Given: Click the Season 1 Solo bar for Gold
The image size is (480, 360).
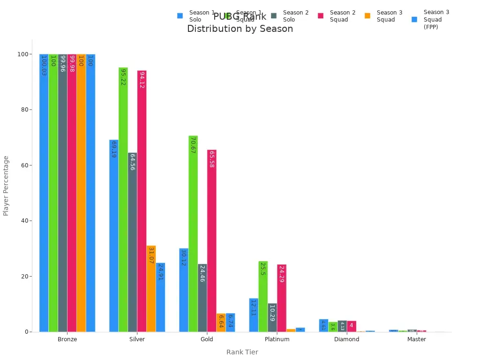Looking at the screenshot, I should (x=184, y=290).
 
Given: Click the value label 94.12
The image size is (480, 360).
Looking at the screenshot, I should (x=142, y=80).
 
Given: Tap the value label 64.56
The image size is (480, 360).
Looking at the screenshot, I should (x=133, y=162).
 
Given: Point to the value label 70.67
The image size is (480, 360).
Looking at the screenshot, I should (x=193, y=145).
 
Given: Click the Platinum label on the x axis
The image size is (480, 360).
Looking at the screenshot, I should (x=277, y=339).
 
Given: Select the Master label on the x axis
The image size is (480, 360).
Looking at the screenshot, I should (x=416, y=339).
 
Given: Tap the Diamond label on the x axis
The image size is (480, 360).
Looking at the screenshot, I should (x=346, y=339).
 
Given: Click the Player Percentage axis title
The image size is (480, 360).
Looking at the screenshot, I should (x=6, y=186).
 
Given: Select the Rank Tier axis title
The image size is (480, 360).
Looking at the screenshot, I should (x=242, y=352).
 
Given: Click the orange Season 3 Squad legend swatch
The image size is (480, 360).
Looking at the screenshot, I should (x=367, y=16).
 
